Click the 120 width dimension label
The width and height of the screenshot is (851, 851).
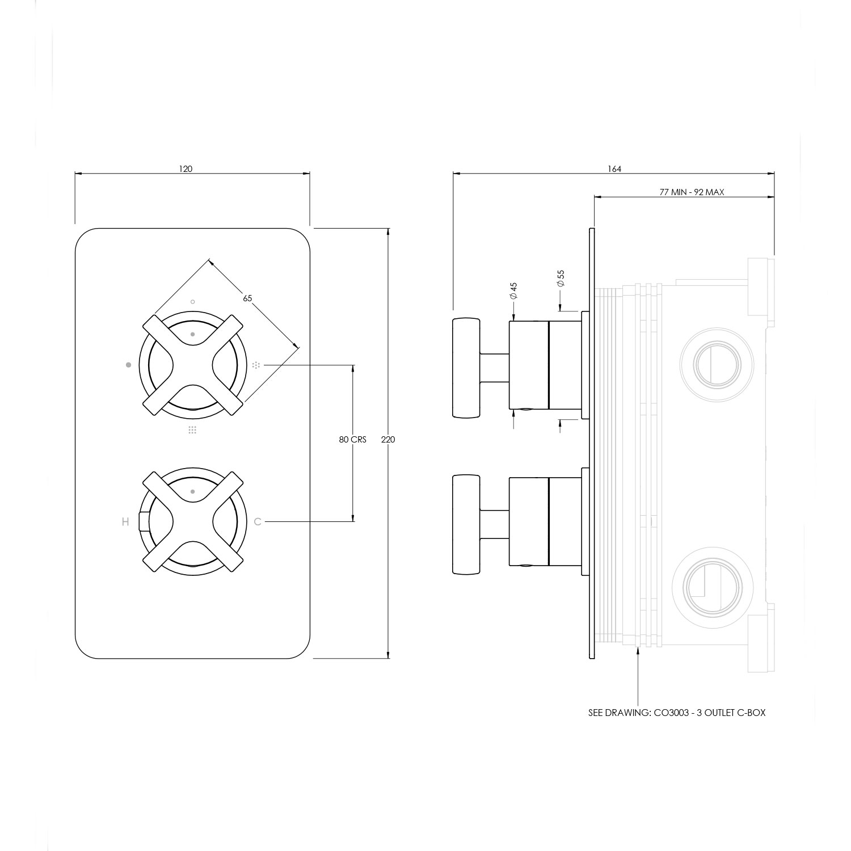[186, 168]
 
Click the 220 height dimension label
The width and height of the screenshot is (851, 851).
[389, 440]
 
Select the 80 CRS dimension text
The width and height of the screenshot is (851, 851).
[353, 440]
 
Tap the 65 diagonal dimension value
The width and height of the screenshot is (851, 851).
[247, 298]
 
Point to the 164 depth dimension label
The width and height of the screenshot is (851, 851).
[614, 168]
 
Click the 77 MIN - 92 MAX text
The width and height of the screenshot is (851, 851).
[692, 192]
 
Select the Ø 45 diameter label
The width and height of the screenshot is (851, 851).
[513, 291]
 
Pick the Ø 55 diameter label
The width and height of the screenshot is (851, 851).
[561, 279]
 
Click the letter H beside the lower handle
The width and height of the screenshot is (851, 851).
[125, 522]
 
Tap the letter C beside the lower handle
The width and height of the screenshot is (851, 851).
[258, 521]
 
